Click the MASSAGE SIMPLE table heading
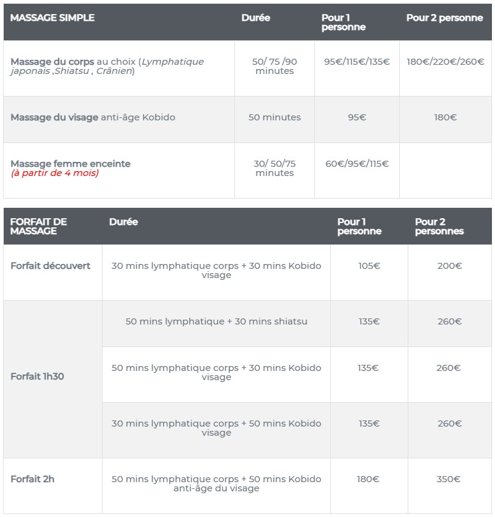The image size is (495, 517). (52, 18)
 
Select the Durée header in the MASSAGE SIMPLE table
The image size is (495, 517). (256, 18)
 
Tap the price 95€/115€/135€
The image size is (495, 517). (357, 62)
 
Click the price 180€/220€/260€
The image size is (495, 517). (446, 62)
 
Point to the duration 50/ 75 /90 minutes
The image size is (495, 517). (275, 66)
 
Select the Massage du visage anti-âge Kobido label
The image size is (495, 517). (93, 117)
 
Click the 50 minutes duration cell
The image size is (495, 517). (275, 117)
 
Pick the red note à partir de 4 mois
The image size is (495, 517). (54, 173)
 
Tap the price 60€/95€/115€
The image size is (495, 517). (357, 164)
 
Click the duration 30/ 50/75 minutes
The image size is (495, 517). (275, 168)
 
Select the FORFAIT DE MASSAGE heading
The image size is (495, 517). (38, 226)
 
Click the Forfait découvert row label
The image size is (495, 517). (50, 266)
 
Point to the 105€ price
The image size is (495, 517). (368, 266)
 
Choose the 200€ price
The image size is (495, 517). (450, 266)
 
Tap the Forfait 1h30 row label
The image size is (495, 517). (37, 376)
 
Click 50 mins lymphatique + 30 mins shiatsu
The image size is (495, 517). (216, 321)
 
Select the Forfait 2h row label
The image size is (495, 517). (32, 479)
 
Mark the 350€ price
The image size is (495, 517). (449, 479)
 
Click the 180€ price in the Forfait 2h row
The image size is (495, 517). (368, 479)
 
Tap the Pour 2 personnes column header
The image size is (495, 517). (439, 226)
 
